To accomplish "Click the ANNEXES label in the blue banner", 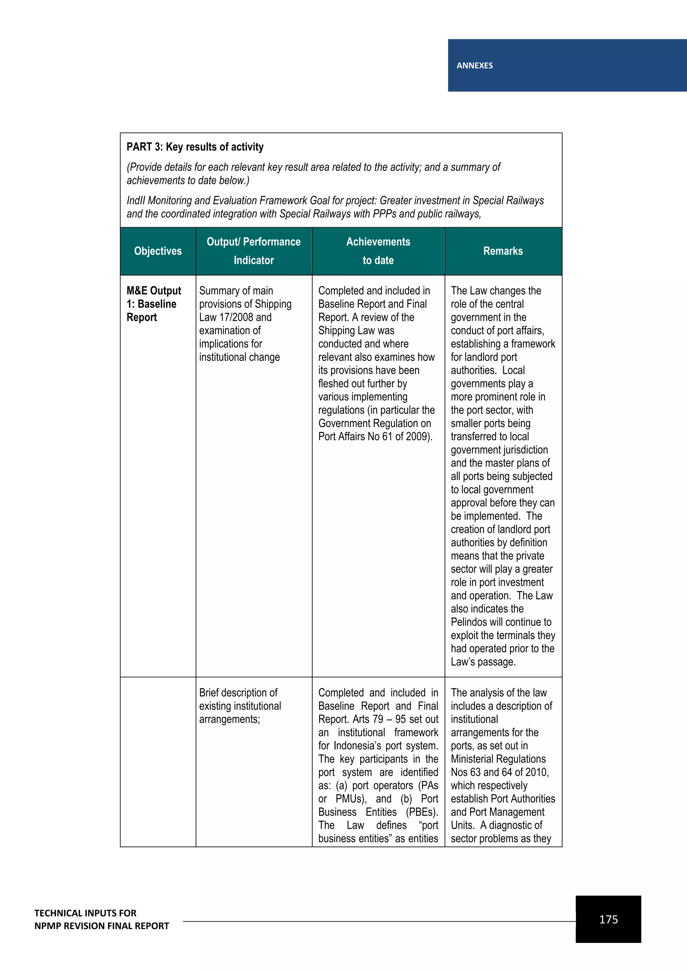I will pos(474,66).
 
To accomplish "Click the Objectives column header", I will pos(158,251).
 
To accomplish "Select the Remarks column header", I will pos(503,251).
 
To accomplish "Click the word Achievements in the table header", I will pos(378,242).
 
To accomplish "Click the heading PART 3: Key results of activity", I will pos(195,147).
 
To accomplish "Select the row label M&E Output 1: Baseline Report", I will pos(154,304).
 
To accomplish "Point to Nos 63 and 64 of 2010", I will pos(499,772).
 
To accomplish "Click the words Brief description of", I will pos(238,693).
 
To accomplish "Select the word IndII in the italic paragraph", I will pos(136,201).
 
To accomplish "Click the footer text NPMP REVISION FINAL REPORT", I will pos(102,926).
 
